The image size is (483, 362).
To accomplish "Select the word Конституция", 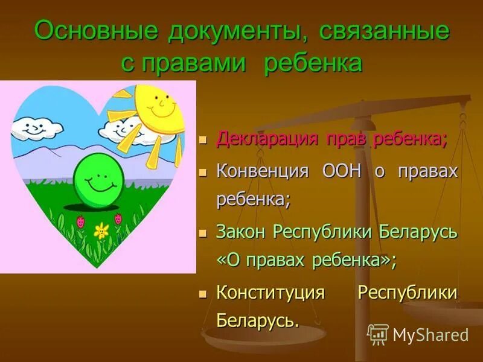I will click(x=271, y=293).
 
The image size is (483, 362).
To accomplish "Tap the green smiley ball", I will click(x=98, y=179).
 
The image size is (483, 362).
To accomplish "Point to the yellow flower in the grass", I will click(x=101, y=230).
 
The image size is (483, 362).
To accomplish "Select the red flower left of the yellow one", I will click(x=81, y=221).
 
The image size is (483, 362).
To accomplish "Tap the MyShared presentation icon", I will click(x=378, y=334).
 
